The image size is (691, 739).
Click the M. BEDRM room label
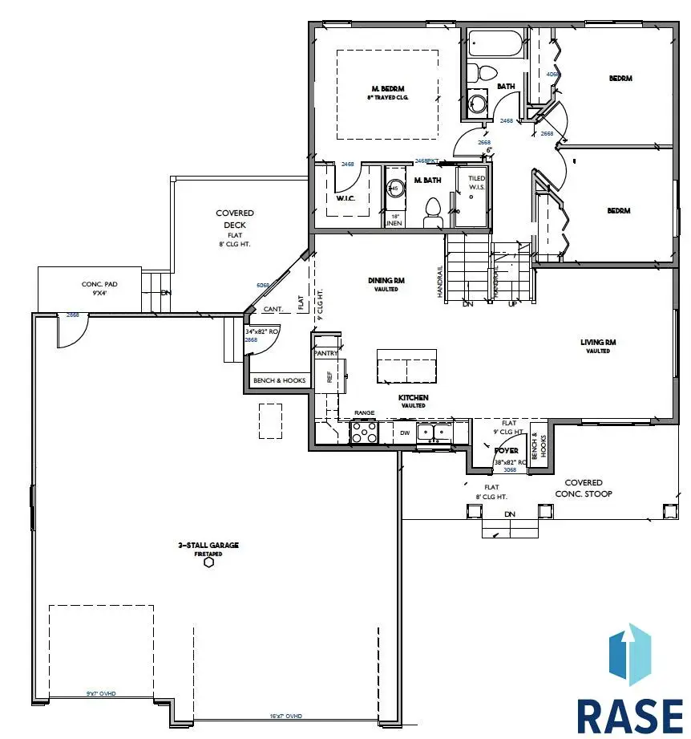click(x=386, y=88)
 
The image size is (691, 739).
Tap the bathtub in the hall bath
click(x=494, y=44)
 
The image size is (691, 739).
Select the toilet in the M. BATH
click(x=433, y=211)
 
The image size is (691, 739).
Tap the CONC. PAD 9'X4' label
click(x=100, y=288)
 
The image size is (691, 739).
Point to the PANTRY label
click(x=325, y=353)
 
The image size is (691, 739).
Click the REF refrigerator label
click(x=329, y=376)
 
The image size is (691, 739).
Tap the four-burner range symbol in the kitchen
click(x=365, y=433)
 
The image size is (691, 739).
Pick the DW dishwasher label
click(x=405, y=433)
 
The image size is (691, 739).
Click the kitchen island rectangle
click(x=406, y=367)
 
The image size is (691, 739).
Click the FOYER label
click(x=505, y=451)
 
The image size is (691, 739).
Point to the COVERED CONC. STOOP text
click(x=584, y=488)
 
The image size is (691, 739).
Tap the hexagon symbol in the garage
click(x=208, y=562)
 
